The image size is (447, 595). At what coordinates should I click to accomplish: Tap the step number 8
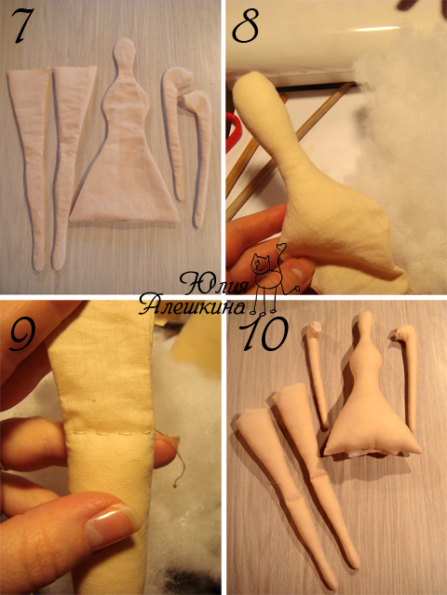pos(246,26)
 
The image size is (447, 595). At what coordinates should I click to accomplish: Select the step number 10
pos(264,333)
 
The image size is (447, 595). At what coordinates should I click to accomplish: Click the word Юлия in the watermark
pos(213,283)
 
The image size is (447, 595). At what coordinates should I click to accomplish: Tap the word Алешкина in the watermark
pos(192,304)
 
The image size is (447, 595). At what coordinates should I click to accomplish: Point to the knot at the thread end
pos(175,485)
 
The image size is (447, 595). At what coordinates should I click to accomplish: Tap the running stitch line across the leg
pos(110,433)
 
